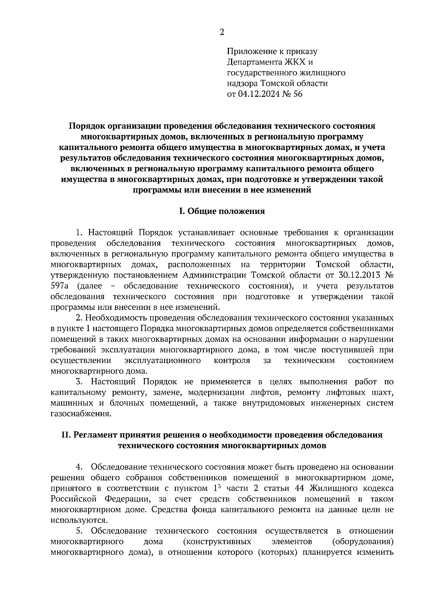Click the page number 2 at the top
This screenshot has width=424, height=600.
point(222,33)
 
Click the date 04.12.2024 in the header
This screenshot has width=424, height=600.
point(258,94)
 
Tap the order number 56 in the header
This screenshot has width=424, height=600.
point(298,94)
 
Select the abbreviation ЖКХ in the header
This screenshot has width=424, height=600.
point(294,63)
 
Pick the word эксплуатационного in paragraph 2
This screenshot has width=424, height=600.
point(163,360)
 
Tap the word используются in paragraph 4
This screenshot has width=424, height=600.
point(78,520)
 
